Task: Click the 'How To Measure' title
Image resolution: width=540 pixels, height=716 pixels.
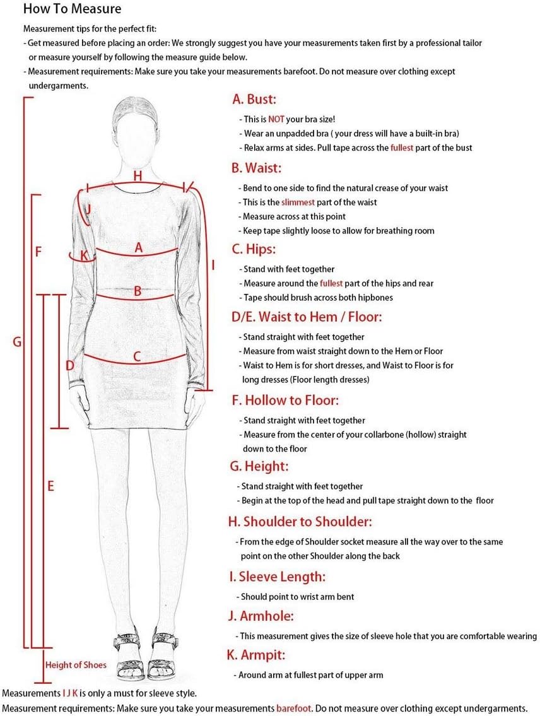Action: click(x=72, y=9)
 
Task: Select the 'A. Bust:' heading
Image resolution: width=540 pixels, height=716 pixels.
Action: click(x=254, y=99)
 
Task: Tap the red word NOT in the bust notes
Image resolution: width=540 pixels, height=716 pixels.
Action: click(x=276, y=119)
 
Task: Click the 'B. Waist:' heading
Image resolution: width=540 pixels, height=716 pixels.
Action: click(x=256, y=168)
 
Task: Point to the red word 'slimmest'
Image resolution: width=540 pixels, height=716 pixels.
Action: click(x=298, y=202)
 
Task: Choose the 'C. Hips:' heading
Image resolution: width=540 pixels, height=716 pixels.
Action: click(x=254, y=249)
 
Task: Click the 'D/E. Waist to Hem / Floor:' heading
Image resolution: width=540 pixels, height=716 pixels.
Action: click(x=307, y=316)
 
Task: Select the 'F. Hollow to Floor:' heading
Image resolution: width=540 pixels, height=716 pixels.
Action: click(x=286, y=400)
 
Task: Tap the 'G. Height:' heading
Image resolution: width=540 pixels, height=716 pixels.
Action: click(x=259, y=466)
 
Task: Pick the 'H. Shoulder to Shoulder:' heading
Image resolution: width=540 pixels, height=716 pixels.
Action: click(x=300, y=522)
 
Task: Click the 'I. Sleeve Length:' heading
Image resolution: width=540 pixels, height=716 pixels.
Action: click(x=277, y=577)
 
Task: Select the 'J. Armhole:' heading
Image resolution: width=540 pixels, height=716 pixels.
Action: click(x=261, y=616)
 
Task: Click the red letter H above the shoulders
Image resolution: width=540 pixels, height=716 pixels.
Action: click(x=138, y=175)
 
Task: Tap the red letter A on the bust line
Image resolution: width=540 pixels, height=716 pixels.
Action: click(x=139, y=249)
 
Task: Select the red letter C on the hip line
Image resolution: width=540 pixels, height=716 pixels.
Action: click(x=137, y=356)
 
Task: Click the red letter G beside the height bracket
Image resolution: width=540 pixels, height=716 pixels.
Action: click(x=17, y=343)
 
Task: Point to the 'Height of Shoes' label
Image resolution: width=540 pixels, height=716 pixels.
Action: click(x=76, y=665)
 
